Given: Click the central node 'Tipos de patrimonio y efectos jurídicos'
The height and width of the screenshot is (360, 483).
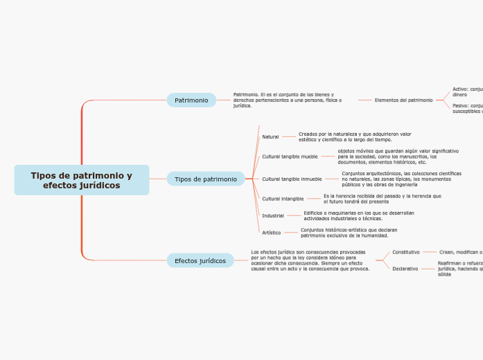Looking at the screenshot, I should (x=81, y=180).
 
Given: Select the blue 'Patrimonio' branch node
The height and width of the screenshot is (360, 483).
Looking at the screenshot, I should (x=191, y=100).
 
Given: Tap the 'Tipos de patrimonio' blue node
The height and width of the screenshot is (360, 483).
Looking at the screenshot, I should (x=205, y=179).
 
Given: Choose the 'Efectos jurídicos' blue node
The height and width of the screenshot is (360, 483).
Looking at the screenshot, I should (x=200, y=261).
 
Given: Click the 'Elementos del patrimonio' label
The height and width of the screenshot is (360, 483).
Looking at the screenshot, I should (x=403, y=100).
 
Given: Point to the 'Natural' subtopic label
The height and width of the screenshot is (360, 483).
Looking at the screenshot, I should (x=270, y=137).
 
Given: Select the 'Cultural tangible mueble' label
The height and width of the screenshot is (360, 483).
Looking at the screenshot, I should (x=290, y=156).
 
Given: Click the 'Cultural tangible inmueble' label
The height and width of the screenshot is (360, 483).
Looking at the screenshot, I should (x=292, y=179).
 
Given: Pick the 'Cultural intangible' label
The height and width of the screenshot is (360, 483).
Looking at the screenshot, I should (x=283, y=199).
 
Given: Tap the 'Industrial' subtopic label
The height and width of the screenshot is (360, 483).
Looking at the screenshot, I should (x=272, y=216).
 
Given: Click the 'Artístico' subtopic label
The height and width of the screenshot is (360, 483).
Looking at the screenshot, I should (x=271, y=233).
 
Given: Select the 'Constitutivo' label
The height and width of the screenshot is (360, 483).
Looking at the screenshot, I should (x=405, y=252).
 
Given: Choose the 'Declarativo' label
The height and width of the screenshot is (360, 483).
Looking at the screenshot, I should (x=405, y=269).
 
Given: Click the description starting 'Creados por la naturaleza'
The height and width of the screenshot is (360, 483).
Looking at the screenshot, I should (x=355, y=136).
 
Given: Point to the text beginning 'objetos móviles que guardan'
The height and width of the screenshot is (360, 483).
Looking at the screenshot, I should (x=398, y=156).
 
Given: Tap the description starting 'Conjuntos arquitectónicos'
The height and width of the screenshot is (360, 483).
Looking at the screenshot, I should (x=401, y=179).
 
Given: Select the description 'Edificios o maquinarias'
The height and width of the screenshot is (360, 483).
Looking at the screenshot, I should (x=359, y=215).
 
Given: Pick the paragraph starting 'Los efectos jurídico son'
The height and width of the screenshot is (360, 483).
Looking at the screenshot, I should (x=310, y=260).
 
